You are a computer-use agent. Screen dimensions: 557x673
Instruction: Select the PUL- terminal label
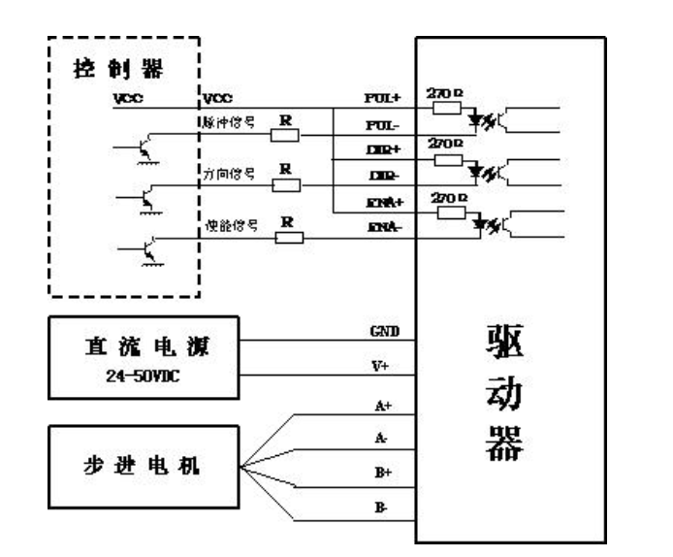pos(377,126)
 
